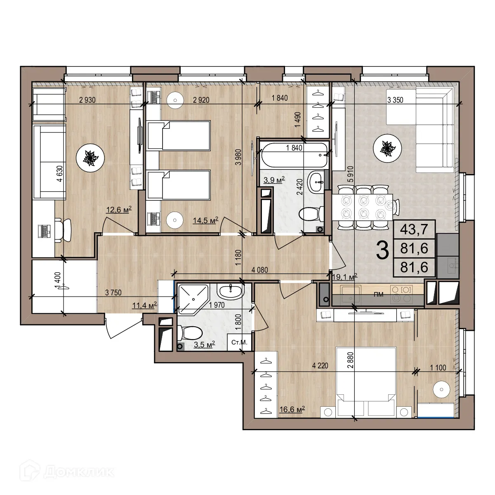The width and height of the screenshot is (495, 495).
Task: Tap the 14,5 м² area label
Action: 205,221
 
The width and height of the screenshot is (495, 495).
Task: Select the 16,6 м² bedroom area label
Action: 292,410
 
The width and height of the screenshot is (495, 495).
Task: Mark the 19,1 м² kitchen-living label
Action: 344,277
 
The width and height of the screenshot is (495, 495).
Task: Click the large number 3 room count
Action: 383,250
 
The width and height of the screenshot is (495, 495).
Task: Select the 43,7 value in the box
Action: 414,229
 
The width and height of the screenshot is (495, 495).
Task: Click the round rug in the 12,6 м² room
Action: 90,158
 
